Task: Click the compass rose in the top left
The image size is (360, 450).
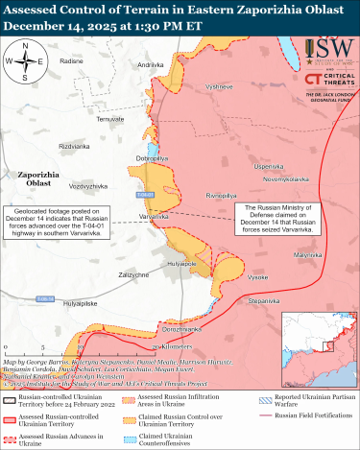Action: click(x=29, y=63)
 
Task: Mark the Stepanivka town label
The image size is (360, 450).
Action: click(x=263, y=301)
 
